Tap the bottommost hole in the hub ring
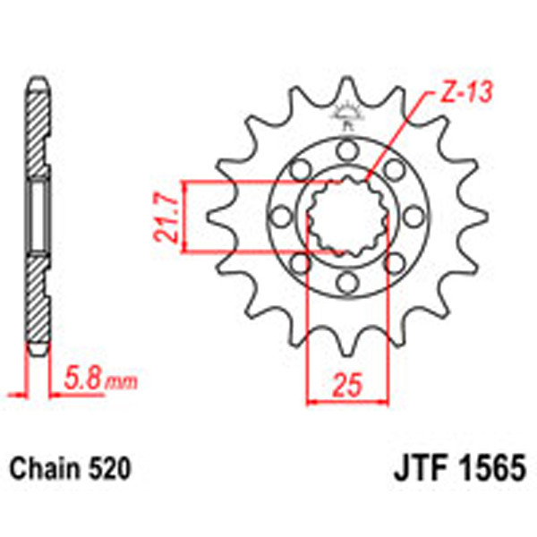pos(345,284)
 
